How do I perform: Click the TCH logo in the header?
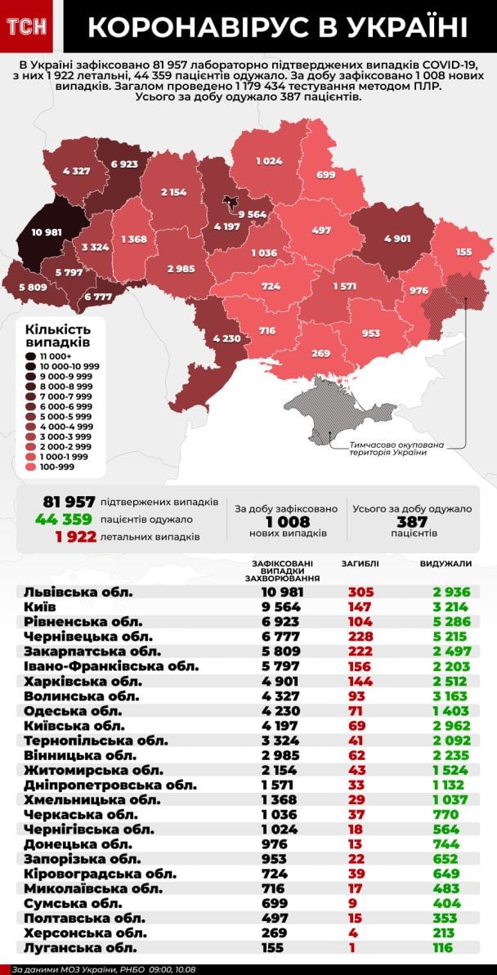coord(27,27)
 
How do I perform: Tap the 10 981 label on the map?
coord(47,232)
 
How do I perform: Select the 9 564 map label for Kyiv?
coord(252,214)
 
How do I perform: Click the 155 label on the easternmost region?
coord(463,252)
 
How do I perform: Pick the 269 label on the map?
coord(320,353)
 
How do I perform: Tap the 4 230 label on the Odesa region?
coord(226,338)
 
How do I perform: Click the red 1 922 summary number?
coord(76,537)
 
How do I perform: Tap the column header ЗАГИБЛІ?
coord(359,564)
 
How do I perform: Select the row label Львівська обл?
coord(78,592)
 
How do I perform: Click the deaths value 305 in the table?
coord(359,592)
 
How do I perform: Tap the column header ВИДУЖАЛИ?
coord(446,564)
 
